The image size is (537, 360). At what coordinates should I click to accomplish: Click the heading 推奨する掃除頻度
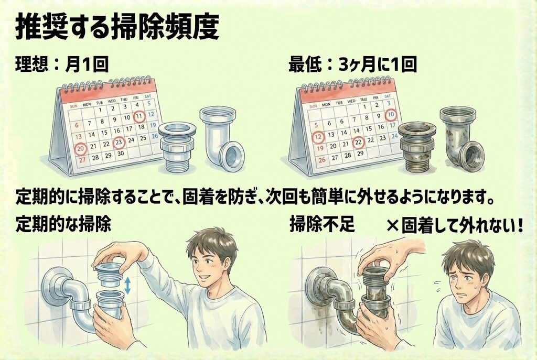(x=117, y=27)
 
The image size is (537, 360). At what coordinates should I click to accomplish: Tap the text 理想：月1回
(x=62, y=64)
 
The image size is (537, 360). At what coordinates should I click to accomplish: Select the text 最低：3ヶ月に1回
(x=352, y=64)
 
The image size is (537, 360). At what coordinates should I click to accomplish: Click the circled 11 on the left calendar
(x=139, y=116)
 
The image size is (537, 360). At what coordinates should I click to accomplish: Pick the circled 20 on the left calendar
(x=81, y=149)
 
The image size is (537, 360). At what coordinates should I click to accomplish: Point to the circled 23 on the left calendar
(x=119, y=143)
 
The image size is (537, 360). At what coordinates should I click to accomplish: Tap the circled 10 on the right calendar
(x=391, y=115)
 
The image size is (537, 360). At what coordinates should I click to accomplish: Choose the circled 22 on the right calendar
(x=359, y=142)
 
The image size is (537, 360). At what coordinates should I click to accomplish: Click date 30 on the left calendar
(x=120, y=154)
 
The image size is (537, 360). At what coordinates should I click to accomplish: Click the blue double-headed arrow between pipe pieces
(x=128, y=286)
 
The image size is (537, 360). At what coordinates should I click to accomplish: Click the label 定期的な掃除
(x=63, y=225)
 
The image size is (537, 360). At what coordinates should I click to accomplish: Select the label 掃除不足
(x=321, y=225)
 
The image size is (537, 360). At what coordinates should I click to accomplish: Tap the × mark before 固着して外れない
(x=393, y=226)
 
